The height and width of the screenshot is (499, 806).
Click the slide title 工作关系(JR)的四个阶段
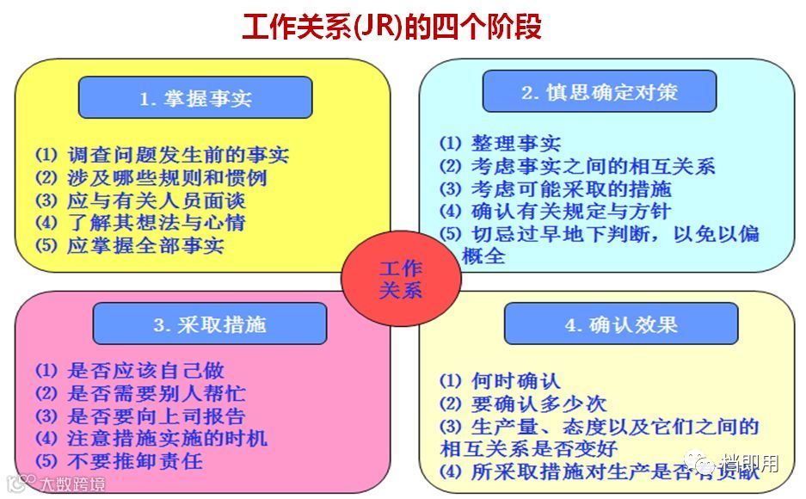click(x=391, y=28)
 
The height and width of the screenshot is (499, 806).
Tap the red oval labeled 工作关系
click(x=401, y=280)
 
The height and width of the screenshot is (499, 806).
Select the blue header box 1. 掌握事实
click(x=194, y=98)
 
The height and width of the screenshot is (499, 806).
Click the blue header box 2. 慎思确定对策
click(x=599, y=92)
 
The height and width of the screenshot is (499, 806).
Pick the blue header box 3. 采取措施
click(x=210, y=324)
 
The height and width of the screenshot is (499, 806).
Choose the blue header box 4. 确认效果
click(x=620, y=324)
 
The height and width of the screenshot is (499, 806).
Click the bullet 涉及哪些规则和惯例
click(x=151, y=178)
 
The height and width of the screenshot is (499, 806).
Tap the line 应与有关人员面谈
click(x=140, y=201)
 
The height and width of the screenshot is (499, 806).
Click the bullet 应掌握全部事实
click(x=129, y=246)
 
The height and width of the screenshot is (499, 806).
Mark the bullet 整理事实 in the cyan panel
click(x=500, y=144)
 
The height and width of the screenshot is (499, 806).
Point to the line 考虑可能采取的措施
click(x=556, y=189)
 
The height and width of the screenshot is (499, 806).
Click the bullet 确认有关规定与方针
click(x=556, y=212)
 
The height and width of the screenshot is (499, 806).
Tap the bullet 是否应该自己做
click(x=129, y=371)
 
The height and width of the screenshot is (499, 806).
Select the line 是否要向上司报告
click(x=140, y=416)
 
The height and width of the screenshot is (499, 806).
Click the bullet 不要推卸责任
click(x=119, y=461)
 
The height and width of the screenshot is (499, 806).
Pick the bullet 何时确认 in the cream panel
click(x=500, y=380)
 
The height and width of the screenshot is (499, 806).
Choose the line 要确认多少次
click(x=522, y=404)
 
